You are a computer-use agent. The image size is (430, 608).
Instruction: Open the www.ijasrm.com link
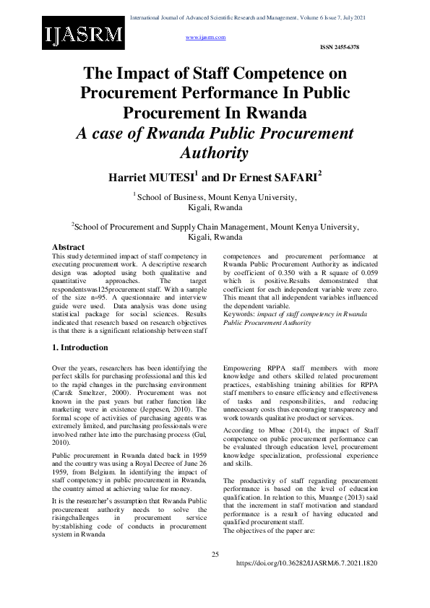point(206,36)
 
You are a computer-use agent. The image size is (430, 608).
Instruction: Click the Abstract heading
point(69,247)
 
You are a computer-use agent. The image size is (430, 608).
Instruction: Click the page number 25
point(215,554)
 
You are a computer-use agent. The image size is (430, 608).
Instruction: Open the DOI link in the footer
point(306,563)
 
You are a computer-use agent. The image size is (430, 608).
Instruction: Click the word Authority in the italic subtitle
point(213,153)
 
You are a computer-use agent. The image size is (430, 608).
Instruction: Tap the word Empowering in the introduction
point(246,368)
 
